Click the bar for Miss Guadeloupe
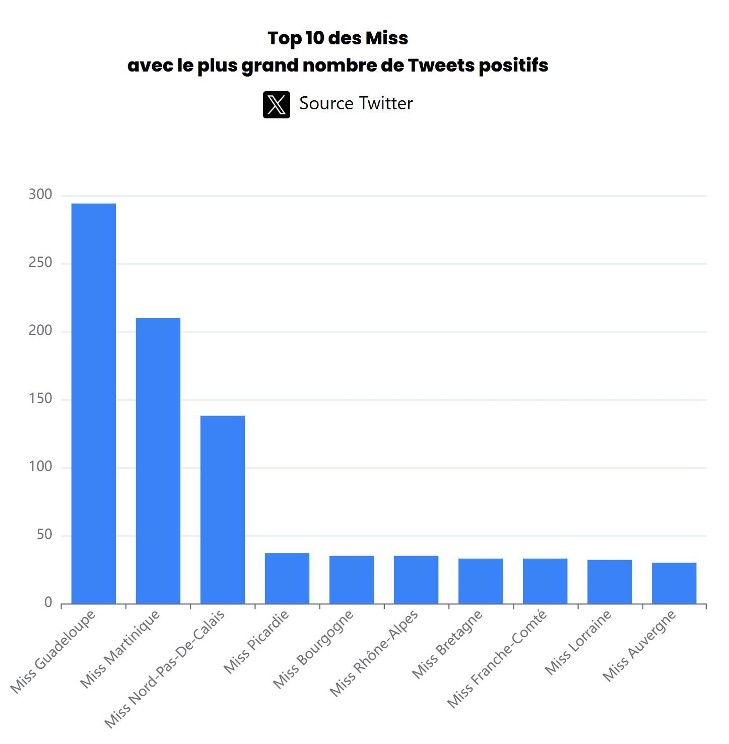(94, 403)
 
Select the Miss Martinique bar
(158, 460)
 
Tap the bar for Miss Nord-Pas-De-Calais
(223, 509)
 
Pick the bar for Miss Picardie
(287, 578)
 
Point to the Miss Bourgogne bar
(352, 579)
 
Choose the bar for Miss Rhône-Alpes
(416, 579)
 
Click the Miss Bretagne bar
(481, 581)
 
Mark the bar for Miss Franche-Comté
(545, 581)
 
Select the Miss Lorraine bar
(610, 581)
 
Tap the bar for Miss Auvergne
(674, 583)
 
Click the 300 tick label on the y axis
(40, 194)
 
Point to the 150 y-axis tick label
(40, 398)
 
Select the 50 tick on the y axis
(44, 534)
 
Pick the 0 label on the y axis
(48, 602)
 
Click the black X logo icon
(277, 105)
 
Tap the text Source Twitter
(356, 104)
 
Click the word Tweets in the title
(441, 65)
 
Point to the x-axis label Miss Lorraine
(578, 642)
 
